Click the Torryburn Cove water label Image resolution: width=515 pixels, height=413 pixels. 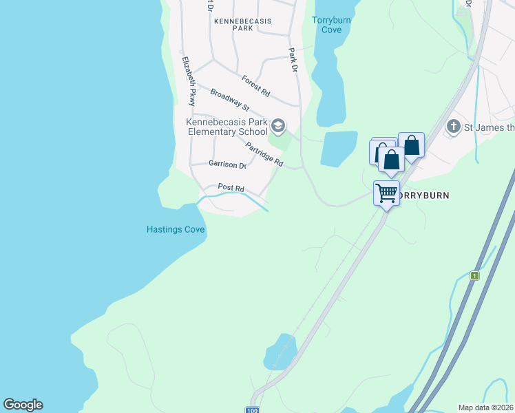[331, 25]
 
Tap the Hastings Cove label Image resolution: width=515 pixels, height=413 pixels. [176, 230]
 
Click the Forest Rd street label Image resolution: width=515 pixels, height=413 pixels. [255, 85]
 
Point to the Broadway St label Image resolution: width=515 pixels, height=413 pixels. [229, 100]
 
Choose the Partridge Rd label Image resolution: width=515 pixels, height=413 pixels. [265, 154]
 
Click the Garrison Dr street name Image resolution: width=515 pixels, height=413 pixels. [227, 165]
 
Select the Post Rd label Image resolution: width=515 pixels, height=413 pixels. [231, 187]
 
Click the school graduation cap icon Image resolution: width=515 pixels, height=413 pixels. [278, 126]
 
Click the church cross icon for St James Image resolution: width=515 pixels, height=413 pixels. [453, 126]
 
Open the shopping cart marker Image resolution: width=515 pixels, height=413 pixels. [386, 193]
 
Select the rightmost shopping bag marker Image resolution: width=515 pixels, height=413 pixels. [411, 145]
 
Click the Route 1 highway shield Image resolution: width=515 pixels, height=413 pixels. [474, 275]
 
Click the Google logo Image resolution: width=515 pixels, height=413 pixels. [23, 405]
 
